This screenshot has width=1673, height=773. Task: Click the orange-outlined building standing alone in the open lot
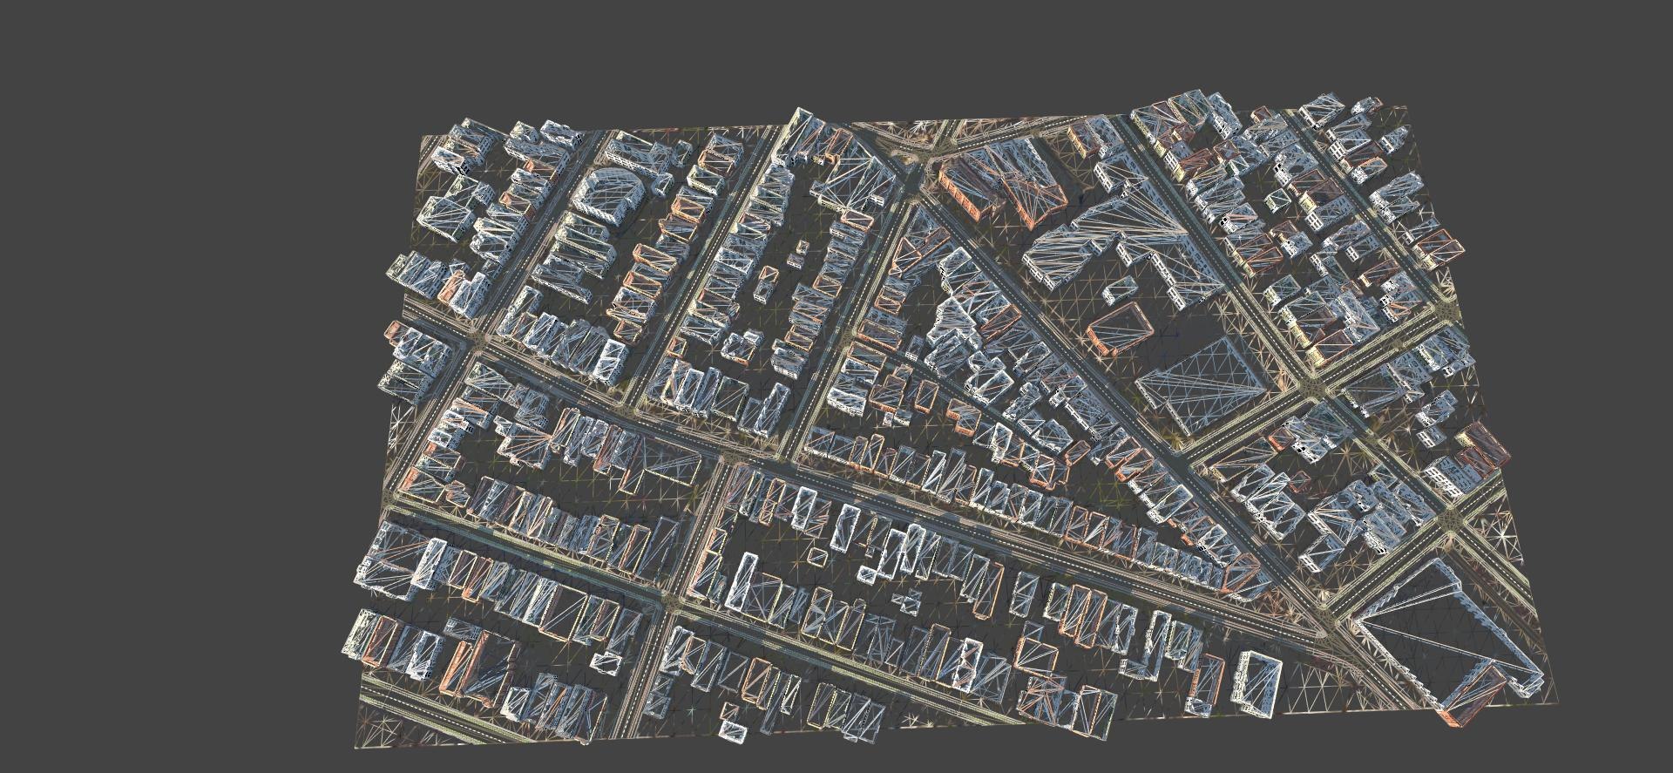click(1121, 327)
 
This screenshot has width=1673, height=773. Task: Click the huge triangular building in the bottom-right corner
click(1438, 636)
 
